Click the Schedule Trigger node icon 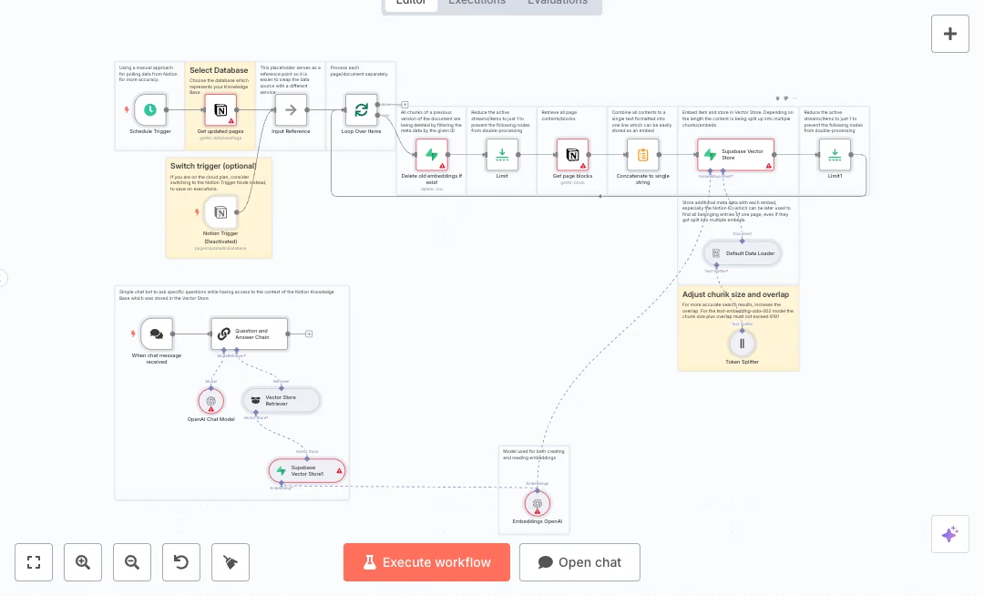click(x=150, y=110)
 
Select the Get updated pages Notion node click(x=220, y=110)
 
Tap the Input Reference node click(x=292, y=110)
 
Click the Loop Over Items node click(x=361, y=110)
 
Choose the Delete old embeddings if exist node click(x=432, y=155)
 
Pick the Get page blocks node click(x=572, y=155)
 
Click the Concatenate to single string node click(x=642, y=155)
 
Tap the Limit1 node click(x=835, y=155)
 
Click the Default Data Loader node click(x=743, y=252)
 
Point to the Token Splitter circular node click(x=742, y=344)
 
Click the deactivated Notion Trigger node click(x=220, y=213)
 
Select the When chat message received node click(x=157, y=334)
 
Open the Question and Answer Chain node click(x=249, y=334)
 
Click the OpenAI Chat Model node click(x=211, y=400)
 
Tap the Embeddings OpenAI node click(x=538, y=503)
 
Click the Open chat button click(x=579, y=562)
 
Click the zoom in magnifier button click(x=83, y=562)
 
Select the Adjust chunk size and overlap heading click(x=735, y=294)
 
